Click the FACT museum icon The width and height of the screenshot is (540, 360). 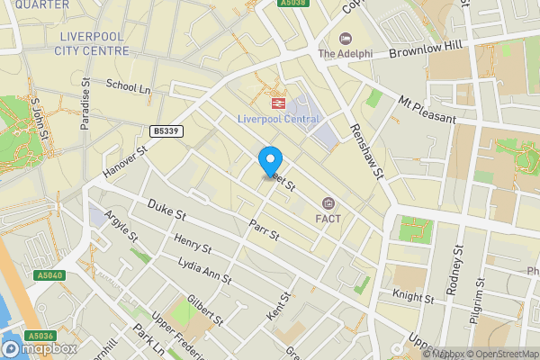click(x=327, y=202)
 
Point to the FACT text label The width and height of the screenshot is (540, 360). click(x=327, y=218)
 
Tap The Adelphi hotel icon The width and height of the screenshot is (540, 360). click(x=345, y=38)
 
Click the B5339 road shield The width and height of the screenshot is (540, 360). click(x=166, y=130)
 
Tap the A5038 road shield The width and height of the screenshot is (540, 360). click(x=293, y=4)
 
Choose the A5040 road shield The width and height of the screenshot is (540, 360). click(x=49, y=275)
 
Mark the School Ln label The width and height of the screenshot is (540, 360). click(x=128, y=86)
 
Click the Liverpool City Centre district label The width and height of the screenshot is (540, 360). click(x=92, y=43)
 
